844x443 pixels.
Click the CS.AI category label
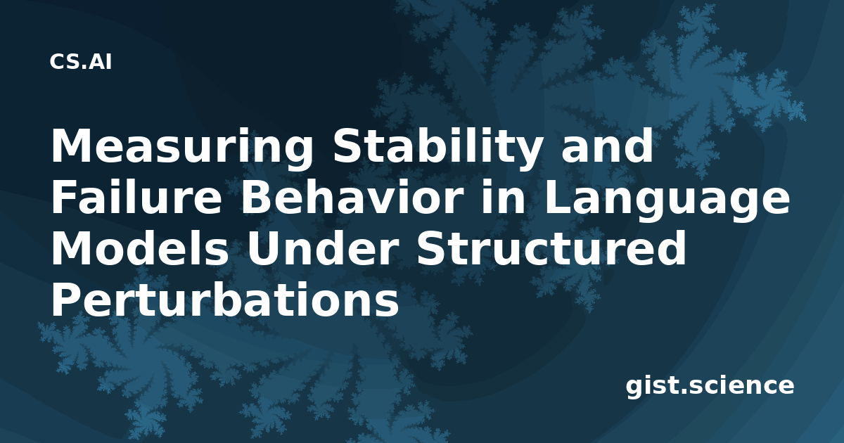tap(81, 62)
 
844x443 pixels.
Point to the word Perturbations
tap(224, 299)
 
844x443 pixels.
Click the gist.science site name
tap(710, 387)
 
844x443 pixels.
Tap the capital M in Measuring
tap(71, 145)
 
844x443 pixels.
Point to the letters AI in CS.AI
tap(101, 62)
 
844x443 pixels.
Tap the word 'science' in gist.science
tap(741, 386)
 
